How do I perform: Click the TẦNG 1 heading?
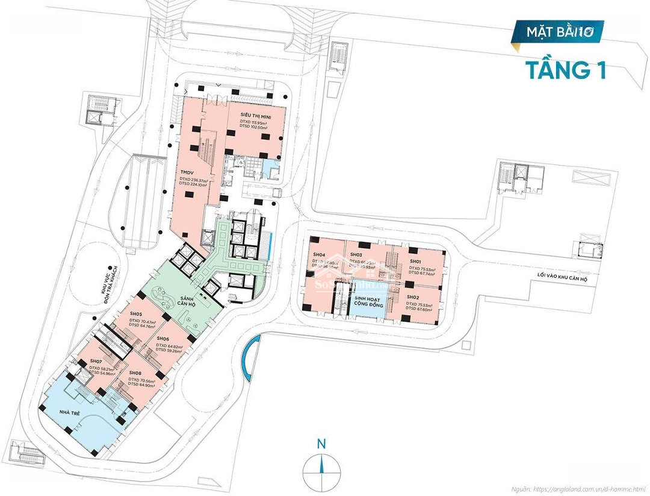pyautogui.click(x=566, y=68)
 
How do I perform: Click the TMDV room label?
pyautogui.click(x=187, y=172)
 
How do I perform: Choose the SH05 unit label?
pyautogui.click(x=135, y=315)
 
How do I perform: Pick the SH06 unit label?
pyautogui.click(x=162, y=339)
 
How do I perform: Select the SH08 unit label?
pyautogui.click(x=135, y=374)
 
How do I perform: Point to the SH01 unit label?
pyautogui.click(x=415, y=262)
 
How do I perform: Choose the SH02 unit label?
pyautogui.click(x=413, y=297)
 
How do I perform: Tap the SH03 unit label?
pyautogui.click(x=356, y=255)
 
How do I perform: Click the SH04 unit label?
pyautogui.click(x=319, y=255)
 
